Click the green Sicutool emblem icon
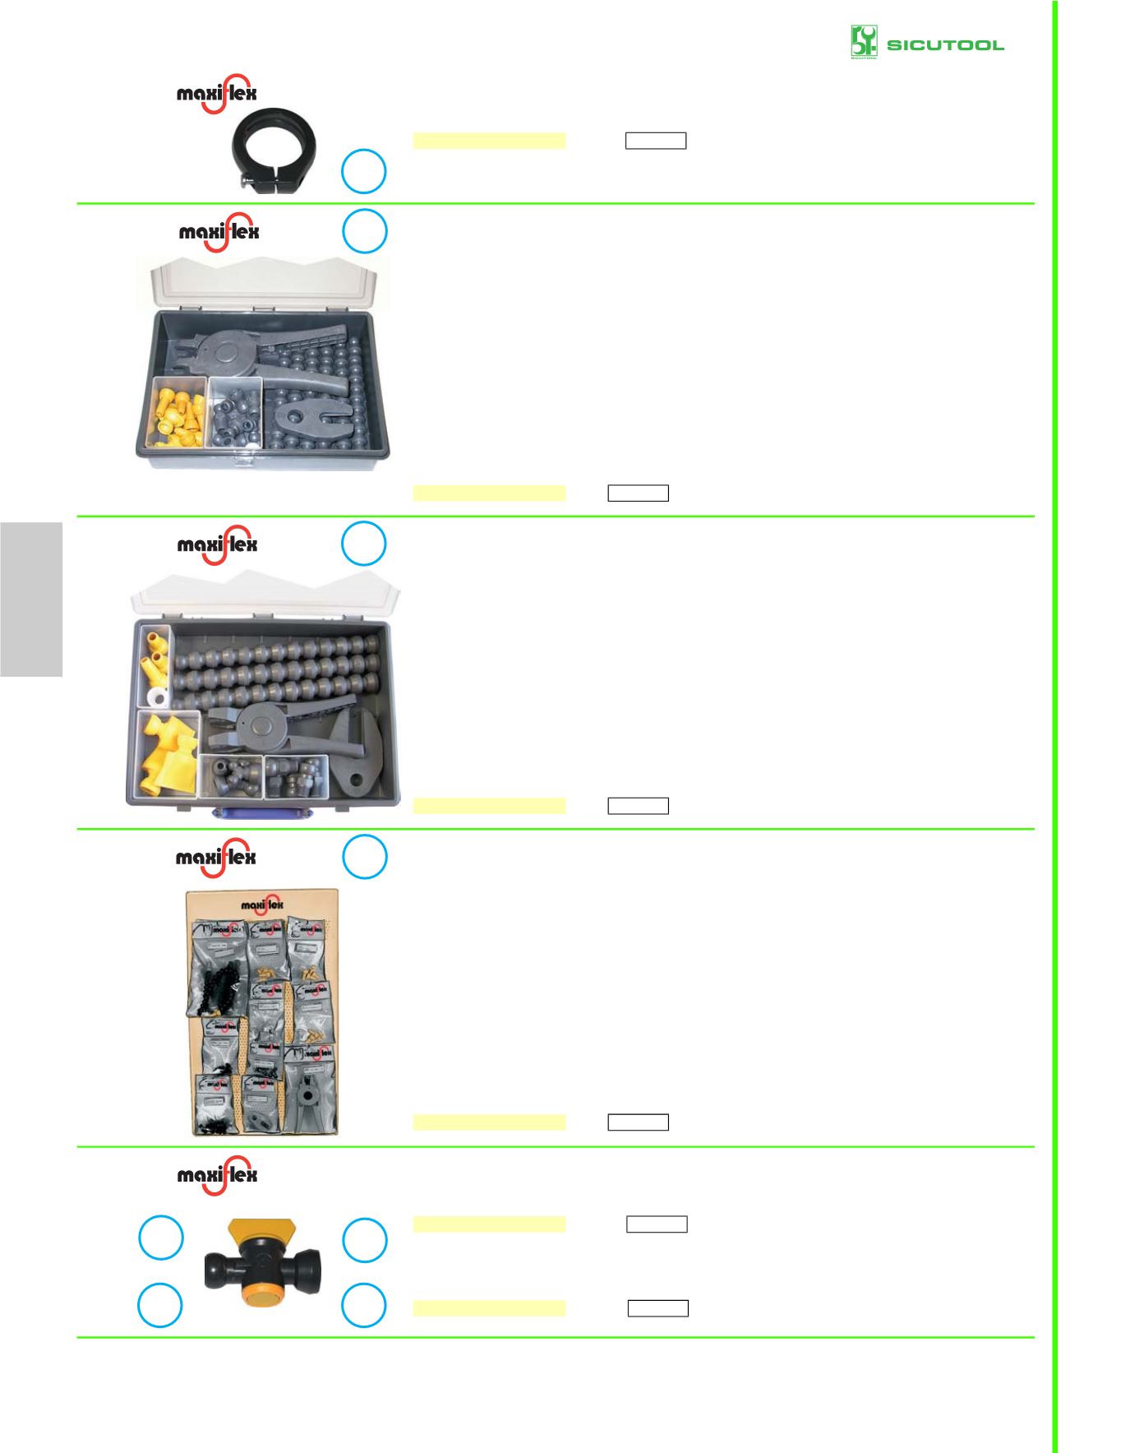[864, 42]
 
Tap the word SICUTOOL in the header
[945, 45]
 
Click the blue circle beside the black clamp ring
[364, 171]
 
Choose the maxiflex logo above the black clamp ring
[217, 93]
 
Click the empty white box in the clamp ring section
[655, 141]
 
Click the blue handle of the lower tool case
[262, 813]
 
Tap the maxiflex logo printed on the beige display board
[262, 905]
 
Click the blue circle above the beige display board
[364, 857]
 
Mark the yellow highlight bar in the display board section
[489, 1122]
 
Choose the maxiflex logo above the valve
[218, 1174]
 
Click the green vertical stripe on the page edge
[1054, 724]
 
